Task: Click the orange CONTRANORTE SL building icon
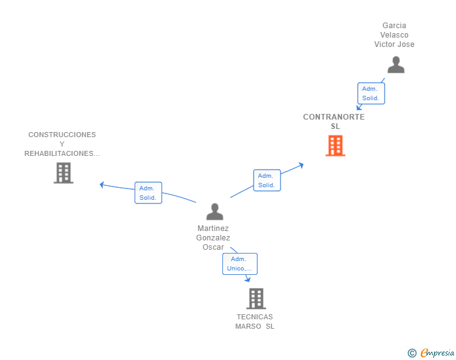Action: tap(335, 146)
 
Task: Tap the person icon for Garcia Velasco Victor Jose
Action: tap(395, 64)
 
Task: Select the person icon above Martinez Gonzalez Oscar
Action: tap(215, 212)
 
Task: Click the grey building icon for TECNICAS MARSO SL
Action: tap(256, 299)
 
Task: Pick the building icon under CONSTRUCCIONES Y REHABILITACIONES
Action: tap(63, 173)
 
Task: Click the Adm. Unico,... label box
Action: tap(240, 264)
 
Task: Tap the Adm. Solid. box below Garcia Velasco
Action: tap(370, 93)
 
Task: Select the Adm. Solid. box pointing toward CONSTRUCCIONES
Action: tap(148, 193)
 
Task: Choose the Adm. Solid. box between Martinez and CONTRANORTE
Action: tap(267, 180)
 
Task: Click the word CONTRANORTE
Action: tap(334, 117)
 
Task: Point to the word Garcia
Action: tap(395, 26)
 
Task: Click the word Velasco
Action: tap(395, 35)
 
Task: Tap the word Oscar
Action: tap(213, 247)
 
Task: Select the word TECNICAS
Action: tap(255, 317)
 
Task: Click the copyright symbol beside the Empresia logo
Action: tap(412, 353)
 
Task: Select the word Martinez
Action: tap(213, 229)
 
